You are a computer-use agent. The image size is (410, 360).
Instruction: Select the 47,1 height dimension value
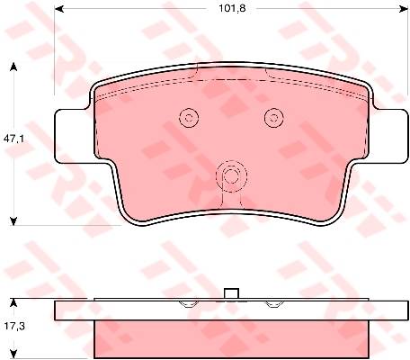[13, 139]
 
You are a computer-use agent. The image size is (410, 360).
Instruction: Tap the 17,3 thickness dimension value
[14, 326]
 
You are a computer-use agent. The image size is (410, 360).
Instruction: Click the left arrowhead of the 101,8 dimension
[59, 9]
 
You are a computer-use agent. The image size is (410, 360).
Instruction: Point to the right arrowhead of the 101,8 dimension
[404, 9]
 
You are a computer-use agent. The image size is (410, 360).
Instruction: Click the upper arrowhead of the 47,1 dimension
[13, 67]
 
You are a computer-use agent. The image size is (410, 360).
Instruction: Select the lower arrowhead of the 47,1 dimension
[13, 221]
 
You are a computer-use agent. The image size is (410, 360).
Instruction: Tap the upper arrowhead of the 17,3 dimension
[13, 302]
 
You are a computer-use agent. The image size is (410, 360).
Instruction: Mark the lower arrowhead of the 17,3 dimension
[13, 354]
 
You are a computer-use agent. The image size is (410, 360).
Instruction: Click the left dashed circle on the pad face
[189, 117]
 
